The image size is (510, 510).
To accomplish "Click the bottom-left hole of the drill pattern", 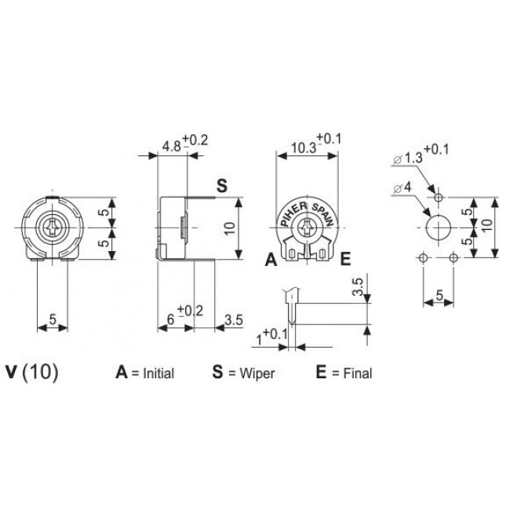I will (x=424, y=258).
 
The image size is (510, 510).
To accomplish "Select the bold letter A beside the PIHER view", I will (x=270, y=260).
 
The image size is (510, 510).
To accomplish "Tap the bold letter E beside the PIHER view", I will (x=344, y=260).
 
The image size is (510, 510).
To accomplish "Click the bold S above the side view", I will (x=221, y=187).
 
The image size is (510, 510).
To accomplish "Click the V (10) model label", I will (x=31, y=372).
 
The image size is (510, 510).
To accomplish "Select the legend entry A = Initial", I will (x=145, y=373).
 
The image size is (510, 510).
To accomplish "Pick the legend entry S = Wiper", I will (x=243, y=373).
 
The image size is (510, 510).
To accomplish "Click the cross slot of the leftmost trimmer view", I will (x=55, y=228).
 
